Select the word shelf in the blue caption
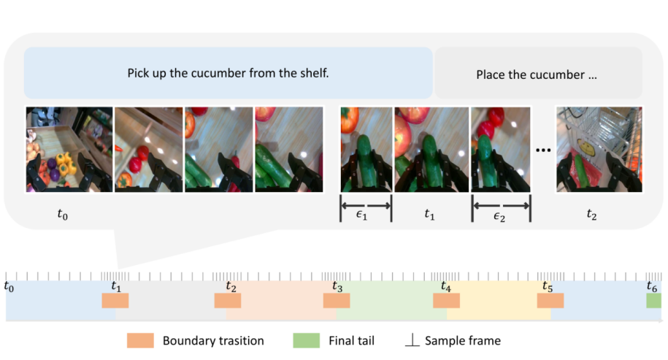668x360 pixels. pyautogui.click(x=315, y=73)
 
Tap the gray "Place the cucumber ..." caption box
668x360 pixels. pyautogui.click(x=538, y=73)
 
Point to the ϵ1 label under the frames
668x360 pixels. pyautogui.click(x=361, y=215)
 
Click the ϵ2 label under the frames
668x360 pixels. pyautogui.click(x=499, y=217)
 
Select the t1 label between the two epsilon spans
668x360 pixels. pyautogui.click(x=429, y=214)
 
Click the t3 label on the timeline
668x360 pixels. pyautogui.click(x=337, y=286)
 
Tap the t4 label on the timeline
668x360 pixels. pyautogui.click(x=445, y=286)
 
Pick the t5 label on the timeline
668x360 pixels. pyautogui.click(x=548, y=286)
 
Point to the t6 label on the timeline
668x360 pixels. pyautogui.click(x=652, y=286)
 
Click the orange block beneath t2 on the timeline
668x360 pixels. pyautogui.click(x=228, y=300)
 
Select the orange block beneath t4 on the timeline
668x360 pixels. pyautogui.click(x=447, y=300)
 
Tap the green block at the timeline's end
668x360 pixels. pyautogui.click(x=653, y=300)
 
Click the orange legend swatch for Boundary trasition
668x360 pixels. pyautogui.click(x=140, y=340)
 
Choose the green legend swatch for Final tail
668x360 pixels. pyautogui.click(x=307, y=340)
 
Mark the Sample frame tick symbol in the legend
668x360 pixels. pyautogui.click(x=412, y=340)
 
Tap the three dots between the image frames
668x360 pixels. pyautogui.click(x=543, y=150)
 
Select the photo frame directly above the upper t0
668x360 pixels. pyautogui.click(x=69, y=150)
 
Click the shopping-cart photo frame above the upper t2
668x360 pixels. pyautogui.click(x=599, y=150)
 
